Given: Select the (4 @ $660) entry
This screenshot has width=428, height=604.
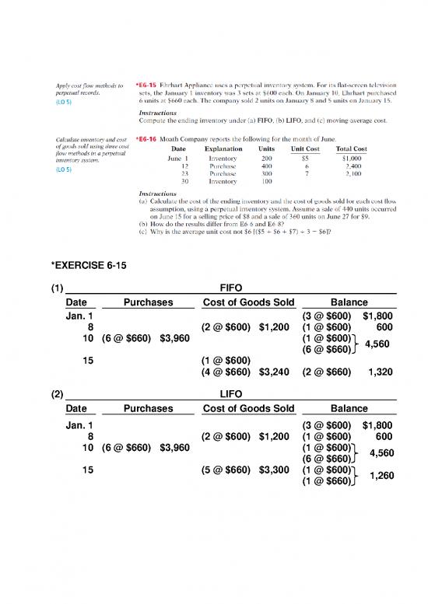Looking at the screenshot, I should (227, 372).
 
